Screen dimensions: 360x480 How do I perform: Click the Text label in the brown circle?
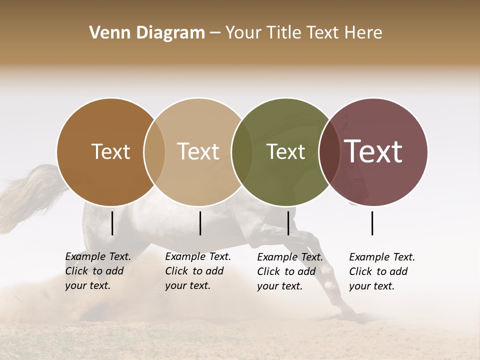[110, 152]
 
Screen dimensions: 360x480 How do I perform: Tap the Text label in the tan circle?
[198, 152]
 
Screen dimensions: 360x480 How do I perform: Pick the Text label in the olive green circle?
[285, 152]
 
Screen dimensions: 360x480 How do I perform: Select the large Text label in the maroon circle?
[373, 152]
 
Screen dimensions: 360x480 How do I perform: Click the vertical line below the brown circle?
[112, 223]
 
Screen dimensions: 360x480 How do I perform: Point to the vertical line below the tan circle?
[200, 223]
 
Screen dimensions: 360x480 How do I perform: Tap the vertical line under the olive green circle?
[288, 223]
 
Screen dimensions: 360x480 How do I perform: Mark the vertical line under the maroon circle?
[372, 223]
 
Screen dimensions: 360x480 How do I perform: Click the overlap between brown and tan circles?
[154, 152]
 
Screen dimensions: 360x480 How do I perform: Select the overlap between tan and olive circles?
[242, 152]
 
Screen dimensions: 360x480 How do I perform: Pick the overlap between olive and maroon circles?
[329, 152]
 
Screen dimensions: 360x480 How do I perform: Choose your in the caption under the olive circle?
[268, 286]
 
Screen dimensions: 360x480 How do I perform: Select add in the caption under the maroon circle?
[398, 271]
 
